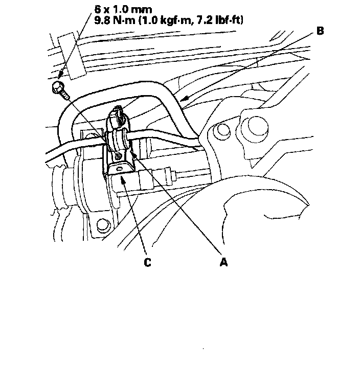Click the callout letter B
(x=320, y=31)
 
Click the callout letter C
(x=147, y=262)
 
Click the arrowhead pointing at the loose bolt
(x=60, y=76)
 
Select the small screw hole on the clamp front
(x=118, y=154)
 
